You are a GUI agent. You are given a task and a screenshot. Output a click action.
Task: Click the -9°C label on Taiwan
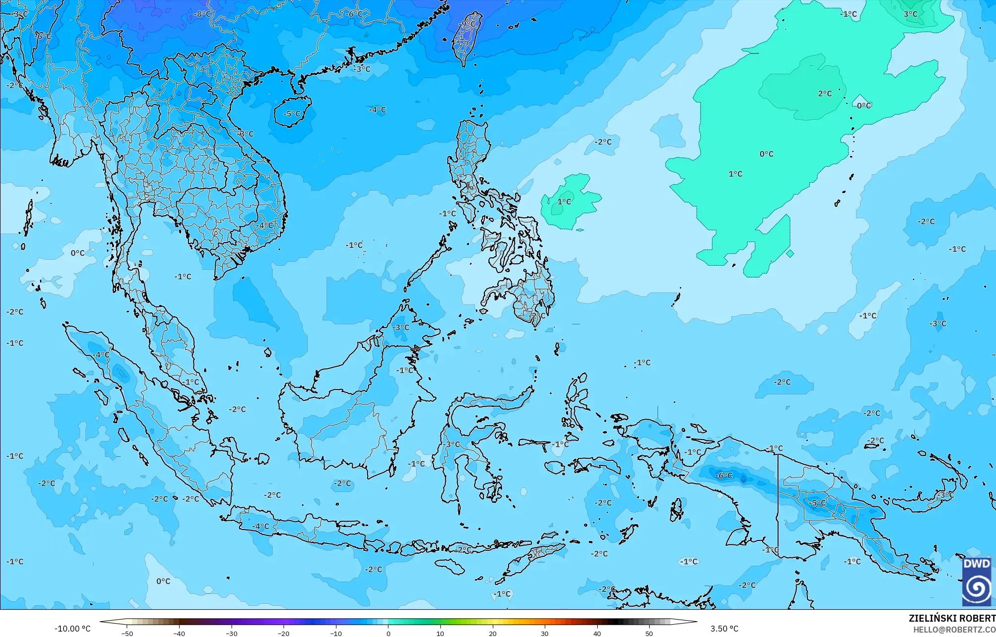click(x=468, y=24)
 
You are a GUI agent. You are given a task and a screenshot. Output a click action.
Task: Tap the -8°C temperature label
click(x=202, y=14)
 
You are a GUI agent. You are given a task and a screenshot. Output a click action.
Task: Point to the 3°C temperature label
click(x=911, y=14)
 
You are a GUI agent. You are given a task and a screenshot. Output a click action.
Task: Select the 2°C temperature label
click(x=825, y=94)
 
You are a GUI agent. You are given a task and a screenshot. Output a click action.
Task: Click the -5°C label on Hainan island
click(x=291, y=114)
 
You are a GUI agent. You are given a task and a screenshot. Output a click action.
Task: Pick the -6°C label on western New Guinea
click(x=724, y=476)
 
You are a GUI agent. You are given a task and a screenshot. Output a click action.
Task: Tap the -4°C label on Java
click(x=261, y=527)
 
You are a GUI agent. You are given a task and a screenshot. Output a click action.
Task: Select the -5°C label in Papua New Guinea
click(x=818, y=503)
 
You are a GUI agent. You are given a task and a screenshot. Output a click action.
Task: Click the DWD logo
click(x=977, y=582)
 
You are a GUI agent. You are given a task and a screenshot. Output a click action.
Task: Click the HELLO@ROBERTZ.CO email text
click(x=954, y=630)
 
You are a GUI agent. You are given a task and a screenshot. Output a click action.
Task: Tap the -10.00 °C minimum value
click(x=72, y=629)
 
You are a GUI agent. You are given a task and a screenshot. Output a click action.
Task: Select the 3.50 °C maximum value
click(x=724, y=629)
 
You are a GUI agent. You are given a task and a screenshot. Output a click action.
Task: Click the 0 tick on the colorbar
click(x=388, y=634)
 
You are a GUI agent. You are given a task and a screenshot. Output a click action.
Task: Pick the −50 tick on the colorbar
click(x=127, y=634)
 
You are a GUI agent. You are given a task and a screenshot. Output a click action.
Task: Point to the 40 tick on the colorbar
click(x=597, y=634)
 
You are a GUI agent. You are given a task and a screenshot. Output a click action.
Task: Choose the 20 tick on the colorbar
click(x=493, y=634)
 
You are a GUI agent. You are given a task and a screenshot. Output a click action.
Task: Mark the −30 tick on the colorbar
click(x=232, y=634)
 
